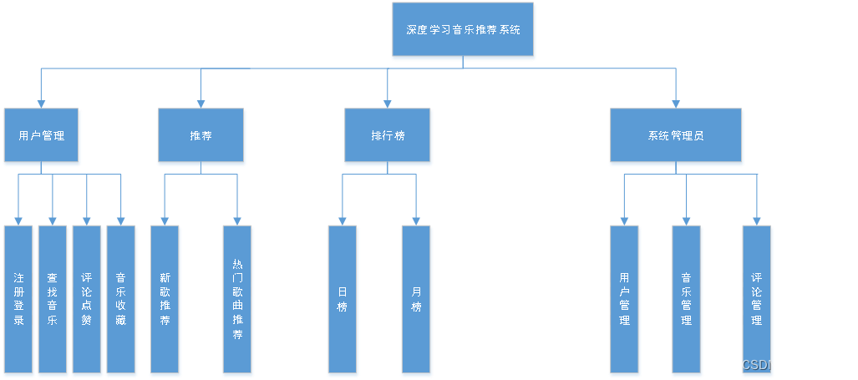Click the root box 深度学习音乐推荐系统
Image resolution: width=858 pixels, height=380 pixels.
click(463, 30)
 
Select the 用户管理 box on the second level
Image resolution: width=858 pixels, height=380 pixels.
click(41, 135)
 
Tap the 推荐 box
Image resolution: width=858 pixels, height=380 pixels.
click(201, 135)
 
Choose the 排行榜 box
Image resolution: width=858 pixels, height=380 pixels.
click(388, 135)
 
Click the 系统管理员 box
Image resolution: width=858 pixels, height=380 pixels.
click(675, 135)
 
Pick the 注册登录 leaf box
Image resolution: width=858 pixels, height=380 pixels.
click(18, 298)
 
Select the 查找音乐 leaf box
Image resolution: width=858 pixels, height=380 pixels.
click(53, 298)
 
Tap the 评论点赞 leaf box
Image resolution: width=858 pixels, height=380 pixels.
click(87, 298)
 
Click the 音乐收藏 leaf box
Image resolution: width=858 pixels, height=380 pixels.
click(121, 298)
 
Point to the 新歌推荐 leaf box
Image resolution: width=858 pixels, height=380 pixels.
click(165, 298)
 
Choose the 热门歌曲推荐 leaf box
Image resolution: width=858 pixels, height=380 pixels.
click(237, 298)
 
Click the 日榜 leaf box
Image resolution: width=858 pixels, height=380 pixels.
click(342, 298)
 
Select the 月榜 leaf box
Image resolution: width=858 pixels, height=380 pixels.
click(416, 298)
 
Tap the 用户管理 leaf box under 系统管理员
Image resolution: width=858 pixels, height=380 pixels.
click(624, 298)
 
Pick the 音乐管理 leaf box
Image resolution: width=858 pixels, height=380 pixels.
click(686, 298)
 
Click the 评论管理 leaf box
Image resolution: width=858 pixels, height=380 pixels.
click(756, 298)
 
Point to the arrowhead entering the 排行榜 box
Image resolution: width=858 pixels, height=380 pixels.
click(388, 104)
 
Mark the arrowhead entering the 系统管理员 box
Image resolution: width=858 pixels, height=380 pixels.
click(675, 104)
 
